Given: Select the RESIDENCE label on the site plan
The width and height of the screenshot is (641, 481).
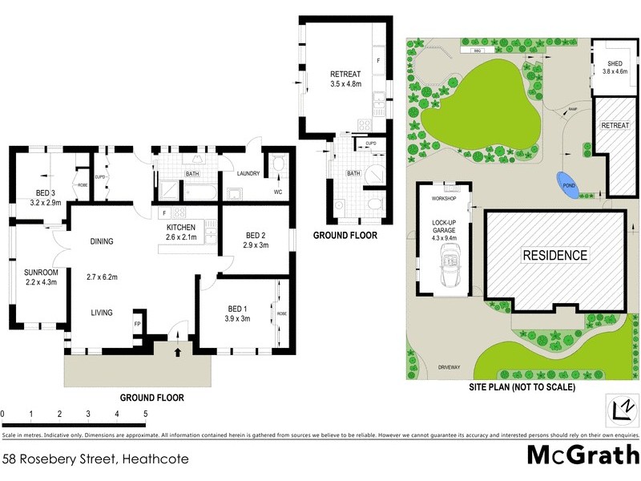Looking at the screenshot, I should pyautogui.click(x=555, y=256).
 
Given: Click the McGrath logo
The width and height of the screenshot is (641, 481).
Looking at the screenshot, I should pyautogui.click(x=583, y=455).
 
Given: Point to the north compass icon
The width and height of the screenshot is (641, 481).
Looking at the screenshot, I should pyautogui.click(x=620, y=406).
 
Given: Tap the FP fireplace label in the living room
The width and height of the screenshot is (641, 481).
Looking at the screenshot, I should pyautogui.click(x=136, y=323).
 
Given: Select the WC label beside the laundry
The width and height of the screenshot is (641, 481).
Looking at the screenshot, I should pyautogui.click(x=277, y=192).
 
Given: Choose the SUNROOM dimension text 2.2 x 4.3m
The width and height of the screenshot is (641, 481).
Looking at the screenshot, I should pyautogui.click(x=41, y=281).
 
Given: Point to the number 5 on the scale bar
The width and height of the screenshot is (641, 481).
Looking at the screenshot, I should pyautogui.click(x=145, y=414).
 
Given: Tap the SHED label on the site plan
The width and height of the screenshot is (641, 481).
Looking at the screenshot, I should pyautogui.click(x=615, y=63).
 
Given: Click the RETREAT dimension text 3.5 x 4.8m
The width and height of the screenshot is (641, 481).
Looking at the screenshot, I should pyautogui.click(x=346, y=83).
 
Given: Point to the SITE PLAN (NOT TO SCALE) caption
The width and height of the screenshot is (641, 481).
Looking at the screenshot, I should pyautogui.click(x=522, y=386).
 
